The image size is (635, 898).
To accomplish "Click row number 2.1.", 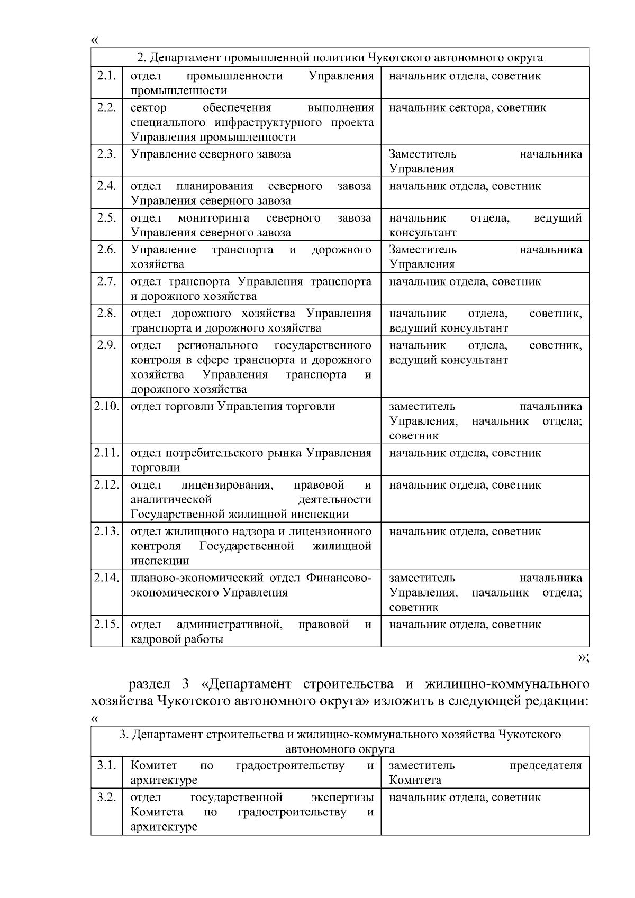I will point(106,76).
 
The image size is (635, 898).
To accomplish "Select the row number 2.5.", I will point(106,218).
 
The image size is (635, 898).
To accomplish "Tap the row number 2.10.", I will point(106,407).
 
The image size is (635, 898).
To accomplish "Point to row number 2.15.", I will point(106,625).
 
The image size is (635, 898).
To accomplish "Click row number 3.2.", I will point(106,798).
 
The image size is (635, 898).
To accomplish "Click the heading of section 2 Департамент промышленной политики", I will point(340,57).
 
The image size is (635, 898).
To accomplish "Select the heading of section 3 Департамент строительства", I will point(340,741).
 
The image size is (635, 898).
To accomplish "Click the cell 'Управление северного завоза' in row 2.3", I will point(211,154).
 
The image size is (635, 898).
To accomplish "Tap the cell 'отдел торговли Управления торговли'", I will point(233,407).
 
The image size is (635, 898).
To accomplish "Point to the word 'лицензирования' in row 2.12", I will point(227,485).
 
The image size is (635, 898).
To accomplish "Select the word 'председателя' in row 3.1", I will point(545,766).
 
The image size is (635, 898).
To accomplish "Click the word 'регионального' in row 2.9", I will point(218,345).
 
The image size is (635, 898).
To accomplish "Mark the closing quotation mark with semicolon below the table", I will point(583,657).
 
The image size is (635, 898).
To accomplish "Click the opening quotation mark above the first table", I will point(95,41).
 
